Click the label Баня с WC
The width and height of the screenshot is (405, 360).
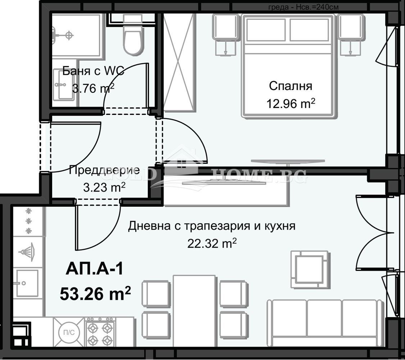(x=93, y=71)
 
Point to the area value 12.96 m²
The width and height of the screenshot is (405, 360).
(x=291, y=104)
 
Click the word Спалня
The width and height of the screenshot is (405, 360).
(x=291, y=86)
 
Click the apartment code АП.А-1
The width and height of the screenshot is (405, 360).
(x=94, y=269)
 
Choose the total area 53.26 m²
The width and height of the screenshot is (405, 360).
(x=95, y=294)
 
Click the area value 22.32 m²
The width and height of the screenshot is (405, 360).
(x=212, y=244)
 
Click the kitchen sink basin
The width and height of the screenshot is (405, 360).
(x=27, y=283)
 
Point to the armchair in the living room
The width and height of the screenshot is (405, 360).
(x=309, y=269)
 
